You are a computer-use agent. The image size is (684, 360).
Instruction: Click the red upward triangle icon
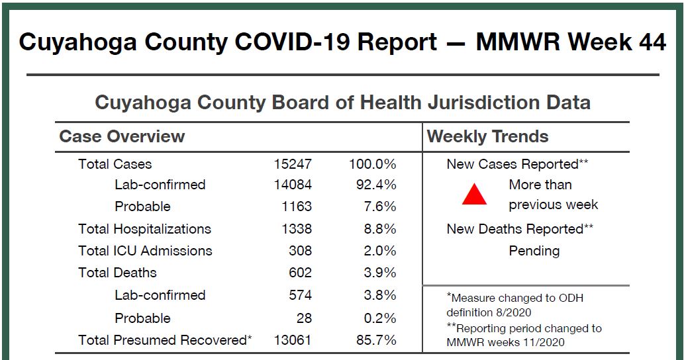[474, 195]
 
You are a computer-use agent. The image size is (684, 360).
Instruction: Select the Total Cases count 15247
[293, 164]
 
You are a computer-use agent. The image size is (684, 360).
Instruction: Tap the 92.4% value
[376, 185]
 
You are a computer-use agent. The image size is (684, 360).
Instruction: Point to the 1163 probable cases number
[297, 206]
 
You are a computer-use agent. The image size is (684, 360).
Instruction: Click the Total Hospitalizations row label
[144, 229]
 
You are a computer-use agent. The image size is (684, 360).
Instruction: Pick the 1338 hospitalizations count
[297, 229]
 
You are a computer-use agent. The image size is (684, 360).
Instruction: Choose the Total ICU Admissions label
[145, 251]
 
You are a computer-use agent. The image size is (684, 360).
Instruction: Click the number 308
[300, 251]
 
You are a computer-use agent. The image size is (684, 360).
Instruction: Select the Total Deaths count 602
[300, 273]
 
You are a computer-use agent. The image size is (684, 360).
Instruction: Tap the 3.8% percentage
[380, 295]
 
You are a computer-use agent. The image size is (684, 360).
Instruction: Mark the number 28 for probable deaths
[304, 318]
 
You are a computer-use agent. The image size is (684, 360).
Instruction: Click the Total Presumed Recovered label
[165, 340]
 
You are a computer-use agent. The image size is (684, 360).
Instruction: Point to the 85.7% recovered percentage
[376, 340]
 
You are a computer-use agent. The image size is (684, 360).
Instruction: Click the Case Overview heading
[122, 136]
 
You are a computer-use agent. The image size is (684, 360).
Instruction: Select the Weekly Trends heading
[488, 136]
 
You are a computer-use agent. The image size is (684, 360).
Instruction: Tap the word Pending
[534, 251]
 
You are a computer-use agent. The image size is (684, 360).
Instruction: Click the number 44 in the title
[653, 42]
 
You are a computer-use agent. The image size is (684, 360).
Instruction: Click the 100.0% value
[373, 164]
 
